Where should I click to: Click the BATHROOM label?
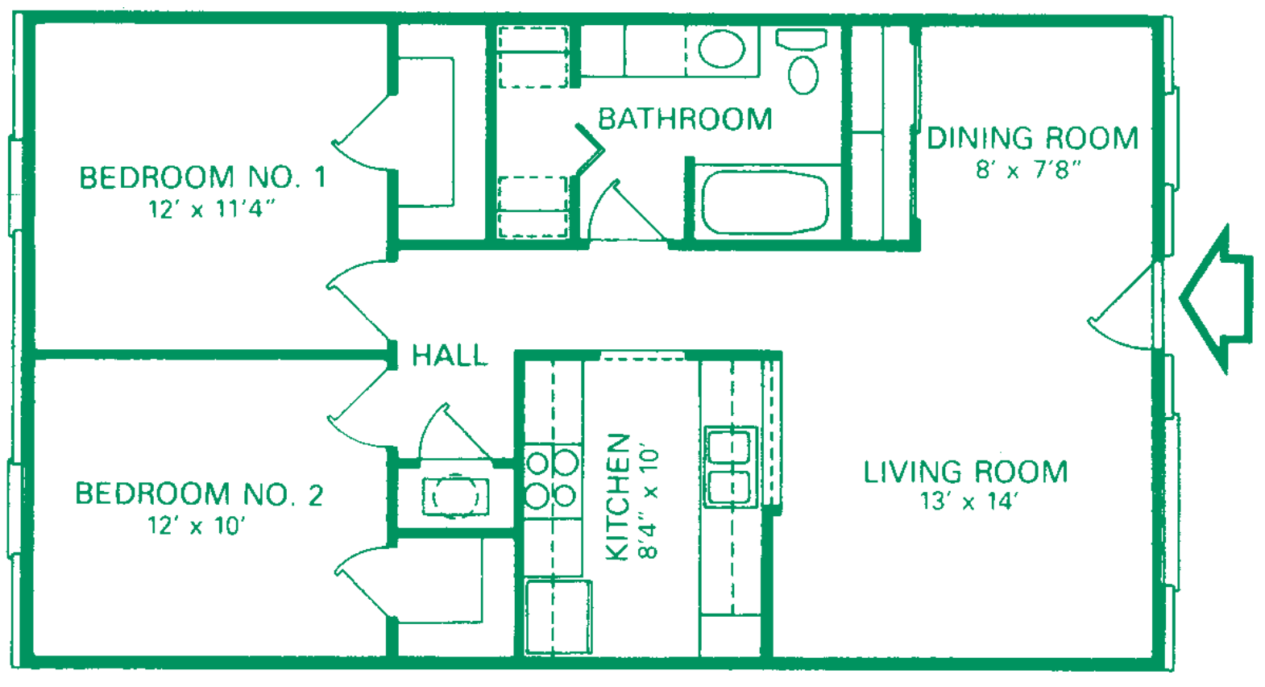[685, 119]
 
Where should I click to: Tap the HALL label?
[450, 356]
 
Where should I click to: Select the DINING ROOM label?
[1033, 139]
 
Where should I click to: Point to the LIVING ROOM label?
[966, 473]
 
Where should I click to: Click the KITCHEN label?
[617, 498]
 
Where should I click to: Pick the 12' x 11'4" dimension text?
[210, 210]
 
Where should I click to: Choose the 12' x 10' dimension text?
[197, 526]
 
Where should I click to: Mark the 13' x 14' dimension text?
[969, 501]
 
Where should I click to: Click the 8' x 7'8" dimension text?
[1028, 169]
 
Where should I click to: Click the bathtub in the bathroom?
[765, 203]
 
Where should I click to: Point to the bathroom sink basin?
[721, 48]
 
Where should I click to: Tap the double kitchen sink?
[731, 466]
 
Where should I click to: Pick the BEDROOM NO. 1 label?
[203, 177]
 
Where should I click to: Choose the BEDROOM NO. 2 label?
[199, 494]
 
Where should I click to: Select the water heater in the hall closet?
[455, 497]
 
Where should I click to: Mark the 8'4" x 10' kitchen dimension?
[649, 503]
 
